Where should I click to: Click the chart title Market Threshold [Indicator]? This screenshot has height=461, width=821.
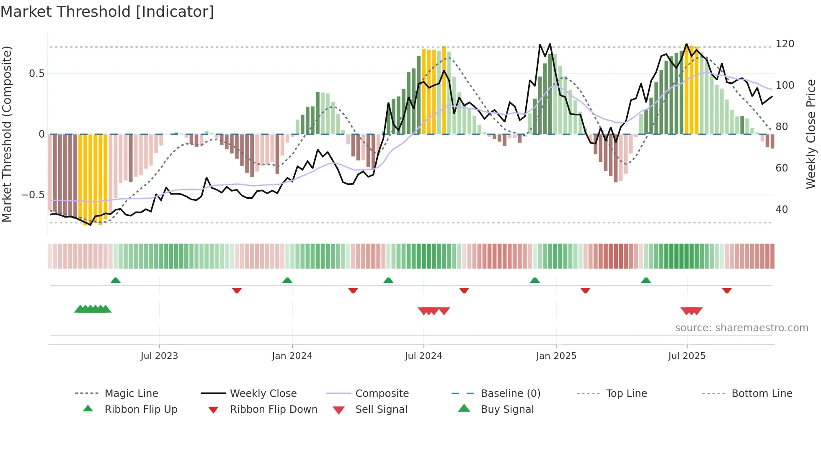107,12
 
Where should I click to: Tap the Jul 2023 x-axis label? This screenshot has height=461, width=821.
159,356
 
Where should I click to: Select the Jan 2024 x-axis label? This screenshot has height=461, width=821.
292,356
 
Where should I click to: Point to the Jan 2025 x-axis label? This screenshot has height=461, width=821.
556,356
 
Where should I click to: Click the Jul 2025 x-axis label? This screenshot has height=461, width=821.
687,356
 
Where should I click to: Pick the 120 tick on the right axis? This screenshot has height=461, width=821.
785,44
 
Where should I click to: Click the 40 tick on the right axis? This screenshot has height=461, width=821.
782,210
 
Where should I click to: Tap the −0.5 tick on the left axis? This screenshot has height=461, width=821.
33,195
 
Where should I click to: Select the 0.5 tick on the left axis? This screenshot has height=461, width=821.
36,74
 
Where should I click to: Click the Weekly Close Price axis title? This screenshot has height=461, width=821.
811,134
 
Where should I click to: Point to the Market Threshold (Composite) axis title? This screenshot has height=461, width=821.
7,134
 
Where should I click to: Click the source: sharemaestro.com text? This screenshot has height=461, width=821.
741,328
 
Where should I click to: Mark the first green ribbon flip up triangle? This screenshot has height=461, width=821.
116,280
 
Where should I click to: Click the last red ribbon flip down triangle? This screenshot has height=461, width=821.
727,290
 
